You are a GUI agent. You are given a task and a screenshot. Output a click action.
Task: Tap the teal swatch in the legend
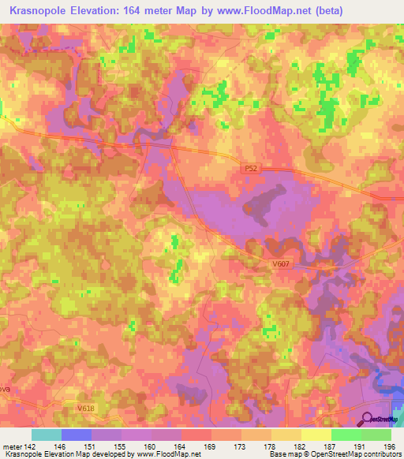click(46, 435)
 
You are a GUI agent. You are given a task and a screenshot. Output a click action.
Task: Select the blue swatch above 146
click(76, 435)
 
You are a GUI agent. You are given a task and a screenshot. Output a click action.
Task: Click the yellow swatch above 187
click(316, 435)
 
